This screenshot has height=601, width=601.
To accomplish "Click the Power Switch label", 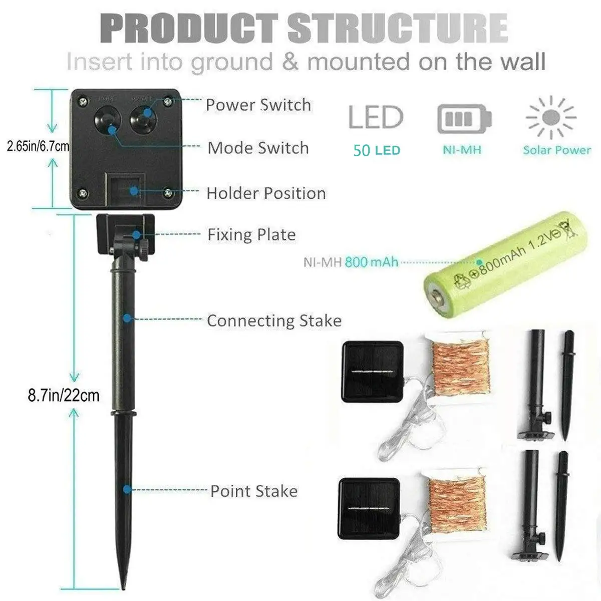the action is pos(258,105).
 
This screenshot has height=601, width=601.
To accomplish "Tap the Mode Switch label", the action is pos(258,148).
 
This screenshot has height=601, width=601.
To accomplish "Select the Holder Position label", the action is pos(266,193).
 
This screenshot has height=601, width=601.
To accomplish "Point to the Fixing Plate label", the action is pos(251,235).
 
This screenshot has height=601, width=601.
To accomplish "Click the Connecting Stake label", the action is pos(274,321).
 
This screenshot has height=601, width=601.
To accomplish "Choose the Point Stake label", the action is pos(254,491).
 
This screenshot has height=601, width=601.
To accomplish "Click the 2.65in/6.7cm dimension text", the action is pos(38,146).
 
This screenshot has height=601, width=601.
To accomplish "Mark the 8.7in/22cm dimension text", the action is pos(64,396).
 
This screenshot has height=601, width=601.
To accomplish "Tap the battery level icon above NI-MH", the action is pos(464,119).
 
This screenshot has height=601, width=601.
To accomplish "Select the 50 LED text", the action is pos(377,150).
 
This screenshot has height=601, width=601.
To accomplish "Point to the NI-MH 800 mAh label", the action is pos(351,262).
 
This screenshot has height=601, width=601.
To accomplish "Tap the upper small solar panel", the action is pos(372,371).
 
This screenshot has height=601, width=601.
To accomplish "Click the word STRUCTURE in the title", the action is pos(398,29).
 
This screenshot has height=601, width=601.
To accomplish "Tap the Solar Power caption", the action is pos(557,150).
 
